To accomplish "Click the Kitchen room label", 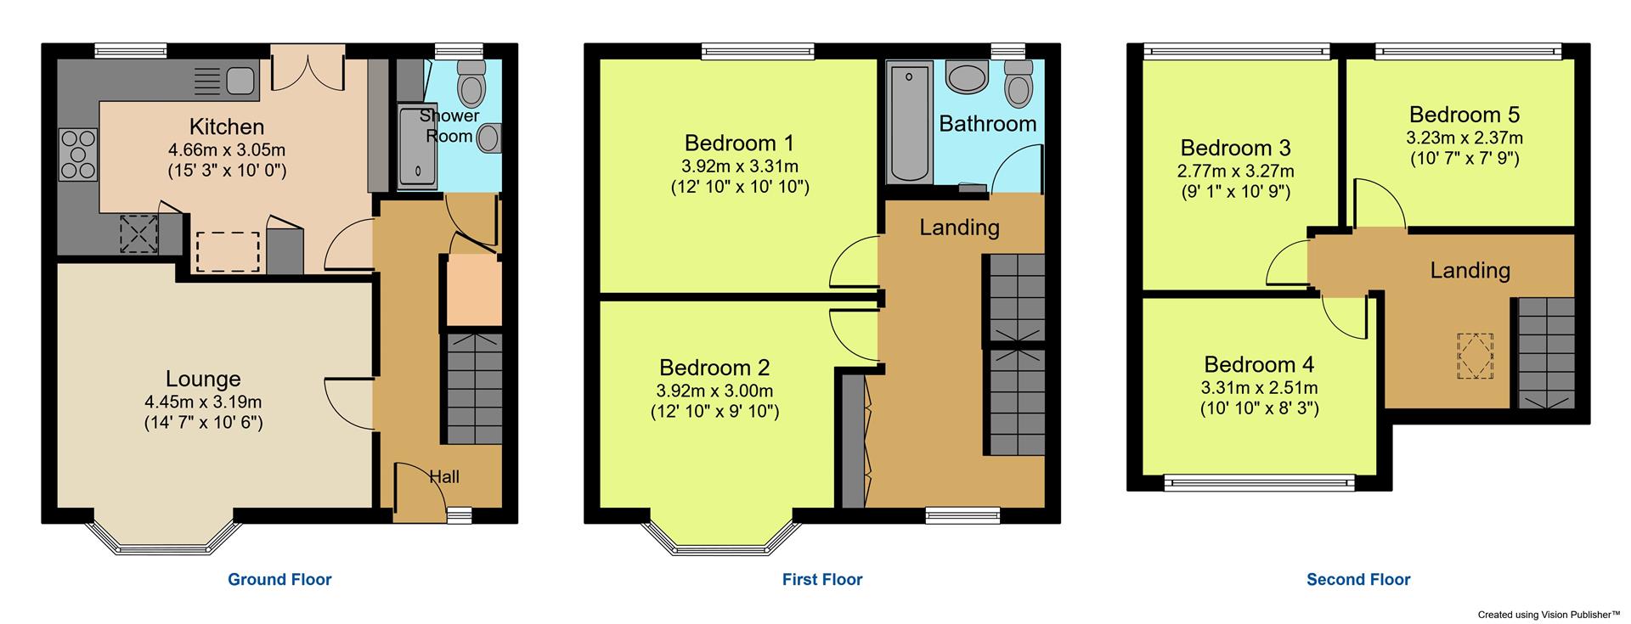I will click(227, 127).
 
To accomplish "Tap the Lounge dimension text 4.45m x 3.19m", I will click(203, 402).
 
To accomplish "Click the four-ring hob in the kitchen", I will click(77, 155).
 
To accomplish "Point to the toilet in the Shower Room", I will click(470, 82).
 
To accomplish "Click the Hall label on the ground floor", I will click(444, 477).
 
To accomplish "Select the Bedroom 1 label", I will click(740, 143).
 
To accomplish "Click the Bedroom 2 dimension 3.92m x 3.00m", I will click(714, 391).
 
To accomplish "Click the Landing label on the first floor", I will click(959, 228).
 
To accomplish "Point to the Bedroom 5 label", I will click(1465, 115).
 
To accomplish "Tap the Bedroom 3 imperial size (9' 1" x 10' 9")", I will click(1235, 192).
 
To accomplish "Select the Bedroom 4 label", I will click(1259, 365).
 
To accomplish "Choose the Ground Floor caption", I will click(279, 580).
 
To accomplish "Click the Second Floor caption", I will click(1358, 580).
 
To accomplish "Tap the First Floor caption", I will click(822, 580).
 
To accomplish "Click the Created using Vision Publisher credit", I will click(1549, 614).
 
